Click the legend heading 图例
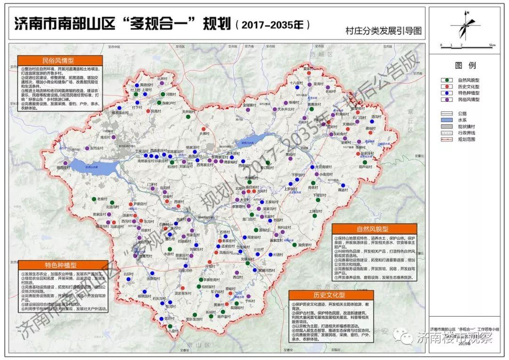coord(465,65)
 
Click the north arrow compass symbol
coord(466,26)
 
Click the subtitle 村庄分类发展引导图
coord(383,32)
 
